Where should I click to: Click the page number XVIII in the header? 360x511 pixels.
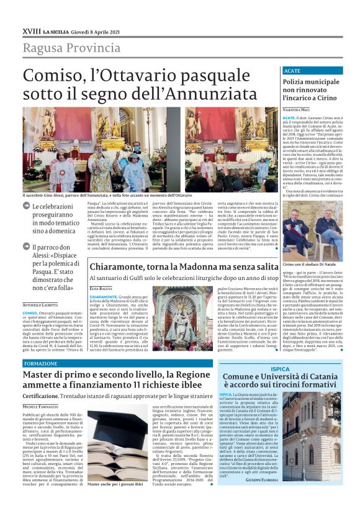pos(31,30)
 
